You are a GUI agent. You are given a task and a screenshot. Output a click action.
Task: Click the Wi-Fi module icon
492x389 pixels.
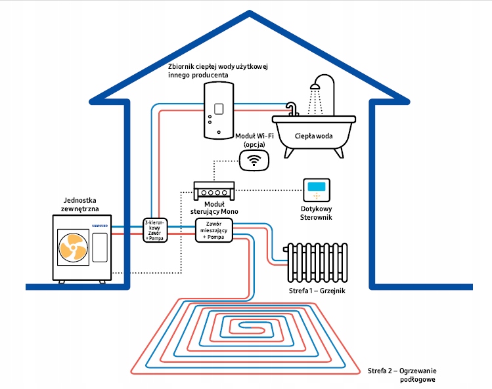[x=254, y=160]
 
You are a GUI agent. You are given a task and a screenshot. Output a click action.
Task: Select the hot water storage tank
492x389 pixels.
[x=216, y=113]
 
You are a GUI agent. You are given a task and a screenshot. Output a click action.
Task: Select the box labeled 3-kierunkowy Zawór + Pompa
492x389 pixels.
[x=156, y=231]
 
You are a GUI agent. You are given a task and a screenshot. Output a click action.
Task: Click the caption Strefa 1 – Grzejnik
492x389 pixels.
[x=320, y=290]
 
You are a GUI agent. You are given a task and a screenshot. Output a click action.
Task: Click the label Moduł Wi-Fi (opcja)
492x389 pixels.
[x=254, y=138]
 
